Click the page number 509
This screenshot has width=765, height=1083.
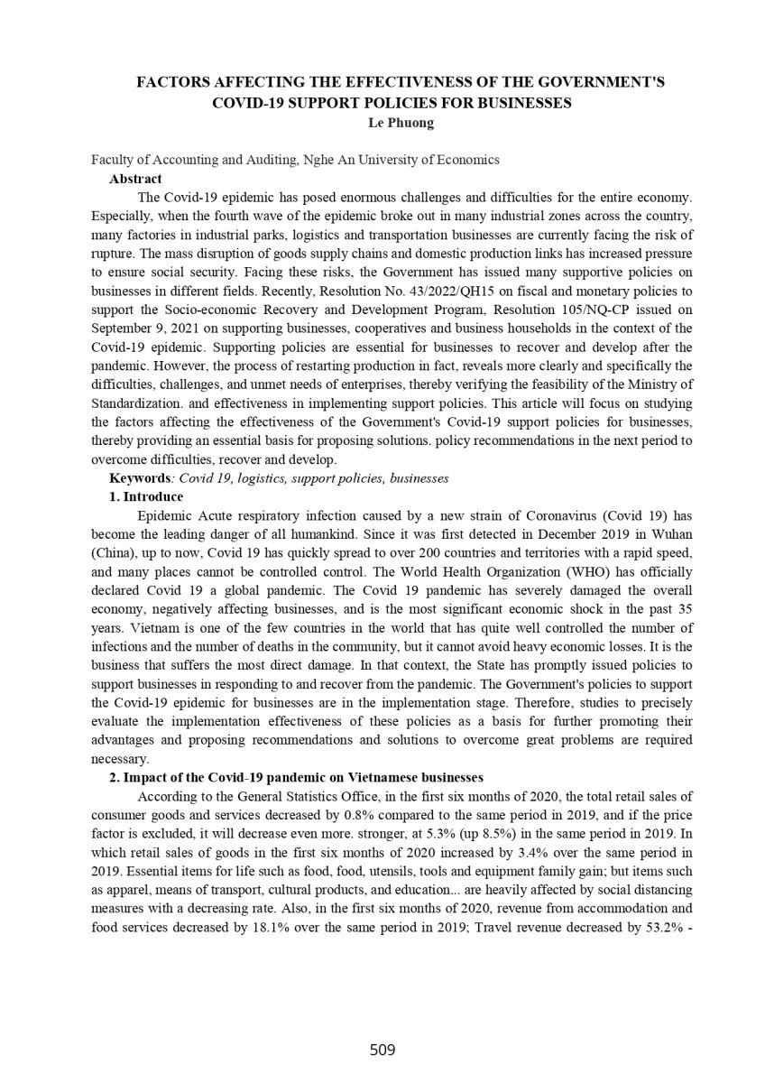[382, 1050]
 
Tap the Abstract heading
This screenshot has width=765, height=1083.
[135, 179]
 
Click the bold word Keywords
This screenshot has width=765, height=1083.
[139, 478]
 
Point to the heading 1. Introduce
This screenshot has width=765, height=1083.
[146, 496]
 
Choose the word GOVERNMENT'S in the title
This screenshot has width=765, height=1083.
[611, 83]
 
